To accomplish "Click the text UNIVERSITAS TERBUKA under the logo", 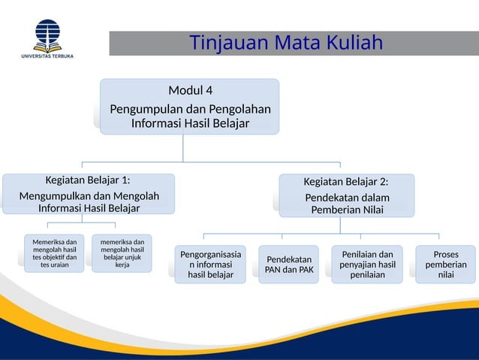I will click(x=47, y=56).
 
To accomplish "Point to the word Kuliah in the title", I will click(x=352, y=42).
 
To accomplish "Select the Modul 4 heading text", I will click(x=190, y=91).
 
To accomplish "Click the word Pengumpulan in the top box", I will click(x=146, y=109).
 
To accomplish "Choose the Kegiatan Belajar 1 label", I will click(x=88, y=180).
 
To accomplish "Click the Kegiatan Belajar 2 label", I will click(x=346, y=182).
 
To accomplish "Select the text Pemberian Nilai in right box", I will click(x=346, y=210).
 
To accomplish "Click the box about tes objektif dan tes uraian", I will click(x=54, y=253).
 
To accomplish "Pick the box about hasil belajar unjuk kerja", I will click(x=122, y=253).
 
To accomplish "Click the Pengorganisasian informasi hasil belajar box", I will click(x=212, y=265).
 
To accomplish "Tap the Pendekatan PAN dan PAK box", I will click(x=289, y=265).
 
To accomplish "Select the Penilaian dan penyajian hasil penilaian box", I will click(x=368, y=265).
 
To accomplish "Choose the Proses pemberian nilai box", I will click(x=445, y=265).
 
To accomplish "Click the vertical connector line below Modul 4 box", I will click(x=184, y=148).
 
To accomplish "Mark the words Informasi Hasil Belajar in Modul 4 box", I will click(x=190, y=123).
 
